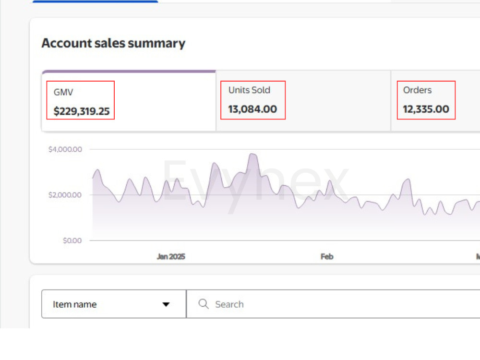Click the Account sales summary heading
coord(113,43)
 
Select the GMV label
coord(63,92)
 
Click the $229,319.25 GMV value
coord(82,111)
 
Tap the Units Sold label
coord(249,90)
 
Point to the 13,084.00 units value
coord(252,109)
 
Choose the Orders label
coord(417,90)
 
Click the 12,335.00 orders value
coord(426,109)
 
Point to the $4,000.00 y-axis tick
coord(65,149)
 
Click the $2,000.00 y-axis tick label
coord(65,195)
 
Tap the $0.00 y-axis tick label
coord(72,240)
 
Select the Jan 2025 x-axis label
coord(171,256)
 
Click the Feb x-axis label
coord(327,256)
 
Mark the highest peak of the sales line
coord(252,154)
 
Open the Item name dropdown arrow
coord(166,304)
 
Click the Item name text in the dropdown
coord(75,304)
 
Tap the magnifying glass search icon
coord(204,304)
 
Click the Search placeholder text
coord(229,304)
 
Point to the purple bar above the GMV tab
coord(129,72)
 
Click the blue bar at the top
coord(95,1)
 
